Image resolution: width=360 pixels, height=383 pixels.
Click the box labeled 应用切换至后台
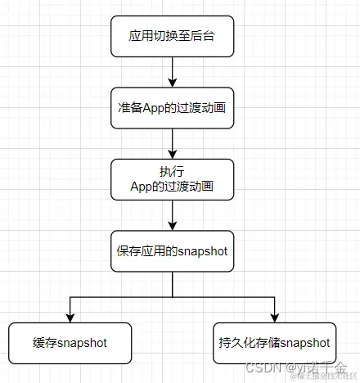click(172, 37)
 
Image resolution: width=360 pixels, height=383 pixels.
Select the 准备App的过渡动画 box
click(172, 107)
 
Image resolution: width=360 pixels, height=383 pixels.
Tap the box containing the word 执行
click(172, 178)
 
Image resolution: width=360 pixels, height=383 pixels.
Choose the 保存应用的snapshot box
click(172, 250)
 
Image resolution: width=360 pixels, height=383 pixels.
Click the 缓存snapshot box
click(70, 343)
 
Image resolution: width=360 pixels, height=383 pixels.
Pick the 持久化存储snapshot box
click(275, 343)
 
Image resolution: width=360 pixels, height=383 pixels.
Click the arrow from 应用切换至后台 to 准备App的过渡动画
click(172, 72)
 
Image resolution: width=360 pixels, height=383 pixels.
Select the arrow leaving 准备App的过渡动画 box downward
click(172, 142)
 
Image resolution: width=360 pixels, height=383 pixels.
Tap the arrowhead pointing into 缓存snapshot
click(70, 318)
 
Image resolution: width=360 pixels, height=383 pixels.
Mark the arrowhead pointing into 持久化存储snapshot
click(275, 318)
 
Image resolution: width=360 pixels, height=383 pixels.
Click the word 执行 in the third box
click(172, 171)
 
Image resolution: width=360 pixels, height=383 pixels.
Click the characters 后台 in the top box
click(204, 37)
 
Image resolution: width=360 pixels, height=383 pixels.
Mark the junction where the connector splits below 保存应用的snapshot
click(172, 296)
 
